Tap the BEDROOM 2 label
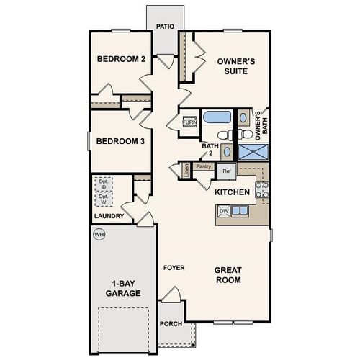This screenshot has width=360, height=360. [x=122, y=60]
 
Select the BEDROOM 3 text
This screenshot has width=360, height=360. [x=121, y=141]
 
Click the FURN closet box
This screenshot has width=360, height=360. [x=189, y=122]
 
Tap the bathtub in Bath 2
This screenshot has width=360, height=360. [x=215, y=117]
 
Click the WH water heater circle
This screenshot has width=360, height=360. [x=99, y=235]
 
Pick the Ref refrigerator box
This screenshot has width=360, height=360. [x=226, y=171]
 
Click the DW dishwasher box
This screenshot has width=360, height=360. [x=224, y=211]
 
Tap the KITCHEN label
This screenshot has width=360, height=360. [x=233, y=192]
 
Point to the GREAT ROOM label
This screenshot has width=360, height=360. [x=228, y=275]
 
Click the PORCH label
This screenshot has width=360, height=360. [x=171, y=324]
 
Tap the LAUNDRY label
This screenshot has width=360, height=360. [x=109, y=216]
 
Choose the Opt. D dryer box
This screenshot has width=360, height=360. [x=103, y=184]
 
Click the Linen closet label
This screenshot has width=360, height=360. [x=186, y=170]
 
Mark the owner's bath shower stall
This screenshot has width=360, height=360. [x=252, y=151]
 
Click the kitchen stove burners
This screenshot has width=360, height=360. [x=262, y=190]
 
